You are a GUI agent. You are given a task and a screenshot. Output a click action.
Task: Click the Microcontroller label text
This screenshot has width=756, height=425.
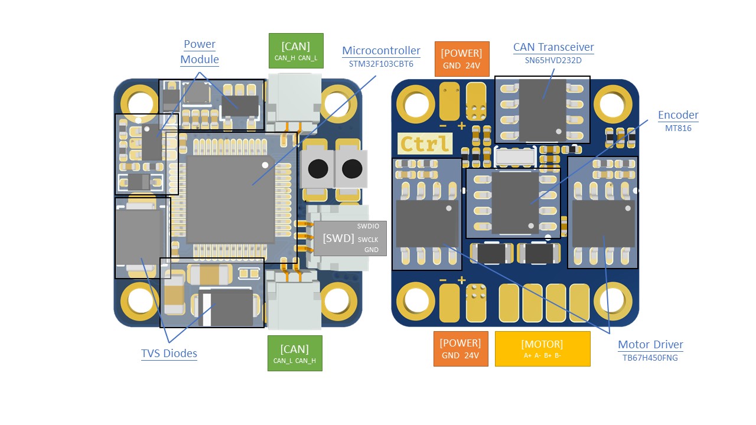coord(381,51)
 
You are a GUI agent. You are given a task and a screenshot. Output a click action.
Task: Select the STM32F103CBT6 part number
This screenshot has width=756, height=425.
coord(381,64)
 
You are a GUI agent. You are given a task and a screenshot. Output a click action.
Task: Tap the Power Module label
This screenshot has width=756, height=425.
coord(200,52)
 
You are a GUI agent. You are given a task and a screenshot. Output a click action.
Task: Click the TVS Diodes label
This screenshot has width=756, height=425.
coord(169,354)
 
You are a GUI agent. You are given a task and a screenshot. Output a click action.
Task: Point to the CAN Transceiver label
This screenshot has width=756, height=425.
coord(553,47)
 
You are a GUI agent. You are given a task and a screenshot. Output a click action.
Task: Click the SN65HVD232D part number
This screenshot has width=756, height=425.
coord(553,60)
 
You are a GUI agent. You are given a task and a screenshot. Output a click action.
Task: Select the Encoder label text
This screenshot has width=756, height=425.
coord(678,115)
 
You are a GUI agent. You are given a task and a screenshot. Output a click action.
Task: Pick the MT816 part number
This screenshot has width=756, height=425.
coord(678,128)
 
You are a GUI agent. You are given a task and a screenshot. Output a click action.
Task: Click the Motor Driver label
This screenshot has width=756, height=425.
coord(650,345)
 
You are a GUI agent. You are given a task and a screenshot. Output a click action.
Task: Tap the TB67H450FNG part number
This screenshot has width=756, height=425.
coord(650,358)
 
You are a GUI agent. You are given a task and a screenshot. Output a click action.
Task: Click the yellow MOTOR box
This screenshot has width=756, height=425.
coord(542,348)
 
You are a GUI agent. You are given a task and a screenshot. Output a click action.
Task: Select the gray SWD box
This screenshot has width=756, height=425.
coord(350,238)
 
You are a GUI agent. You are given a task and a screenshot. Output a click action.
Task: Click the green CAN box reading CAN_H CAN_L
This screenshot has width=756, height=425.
coord(296,51)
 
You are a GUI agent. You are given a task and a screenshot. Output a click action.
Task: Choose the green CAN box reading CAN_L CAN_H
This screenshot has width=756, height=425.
coord(295,353)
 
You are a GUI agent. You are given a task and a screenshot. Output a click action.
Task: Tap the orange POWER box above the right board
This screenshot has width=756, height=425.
coord(461,58)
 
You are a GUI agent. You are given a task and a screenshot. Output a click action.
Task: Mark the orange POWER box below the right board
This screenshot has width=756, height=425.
coord(461,348)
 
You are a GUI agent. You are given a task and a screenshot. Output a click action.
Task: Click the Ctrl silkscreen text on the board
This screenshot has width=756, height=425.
coord(425,143)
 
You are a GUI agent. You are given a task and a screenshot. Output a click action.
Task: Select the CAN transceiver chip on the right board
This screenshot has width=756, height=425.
coord(543,106)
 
